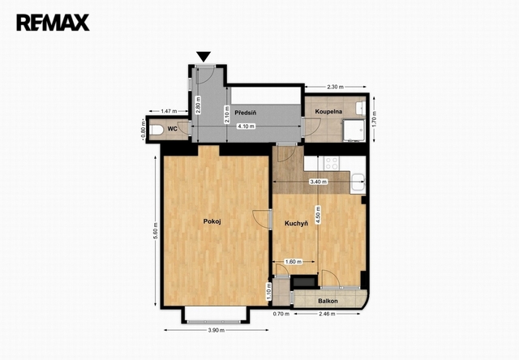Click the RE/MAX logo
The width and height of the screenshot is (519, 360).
[x=53, y=23]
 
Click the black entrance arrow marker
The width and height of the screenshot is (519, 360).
[x=204, y=57]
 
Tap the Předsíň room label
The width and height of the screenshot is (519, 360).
[x=245, y=113]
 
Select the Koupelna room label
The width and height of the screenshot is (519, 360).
[x=328, y=112]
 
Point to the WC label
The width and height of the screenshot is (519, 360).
[x=172, y=129]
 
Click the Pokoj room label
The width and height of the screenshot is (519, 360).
[x=212, y=221]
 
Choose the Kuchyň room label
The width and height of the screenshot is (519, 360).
[x=296, y=224]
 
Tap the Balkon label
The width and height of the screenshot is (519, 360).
[x=328, y=301]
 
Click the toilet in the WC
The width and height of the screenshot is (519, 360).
[x=156, y=130]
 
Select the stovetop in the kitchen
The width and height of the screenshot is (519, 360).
[x=332, y=163]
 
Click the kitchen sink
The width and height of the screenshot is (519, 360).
[x=358, y=182]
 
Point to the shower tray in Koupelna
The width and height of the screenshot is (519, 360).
[x=354, y=131]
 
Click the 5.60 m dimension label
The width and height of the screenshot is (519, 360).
[x=156, y=231]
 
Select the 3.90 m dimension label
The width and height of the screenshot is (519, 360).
[x=217, y=330]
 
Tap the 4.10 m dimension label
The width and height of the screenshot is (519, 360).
[x=247, y=126]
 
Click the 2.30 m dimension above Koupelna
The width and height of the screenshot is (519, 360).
[x=335, y=87]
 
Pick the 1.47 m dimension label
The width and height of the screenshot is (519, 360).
[x=169, y=111]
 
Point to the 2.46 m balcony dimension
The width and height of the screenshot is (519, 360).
[x=327, y=314]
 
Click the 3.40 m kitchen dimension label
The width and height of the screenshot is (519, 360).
[x=318, y=182]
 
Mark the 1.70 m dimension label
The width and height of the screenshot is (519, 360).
[x=375, y=119]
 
